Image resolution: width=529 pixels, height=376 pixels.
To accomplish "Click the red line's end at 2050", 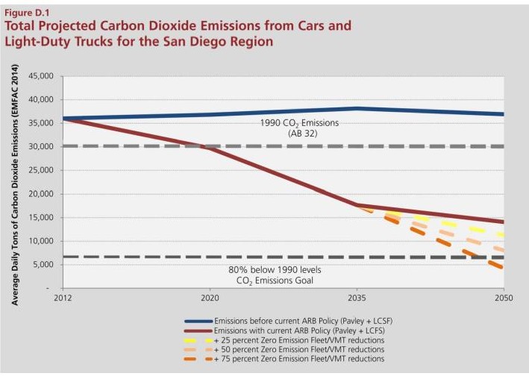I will (504, 222).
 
